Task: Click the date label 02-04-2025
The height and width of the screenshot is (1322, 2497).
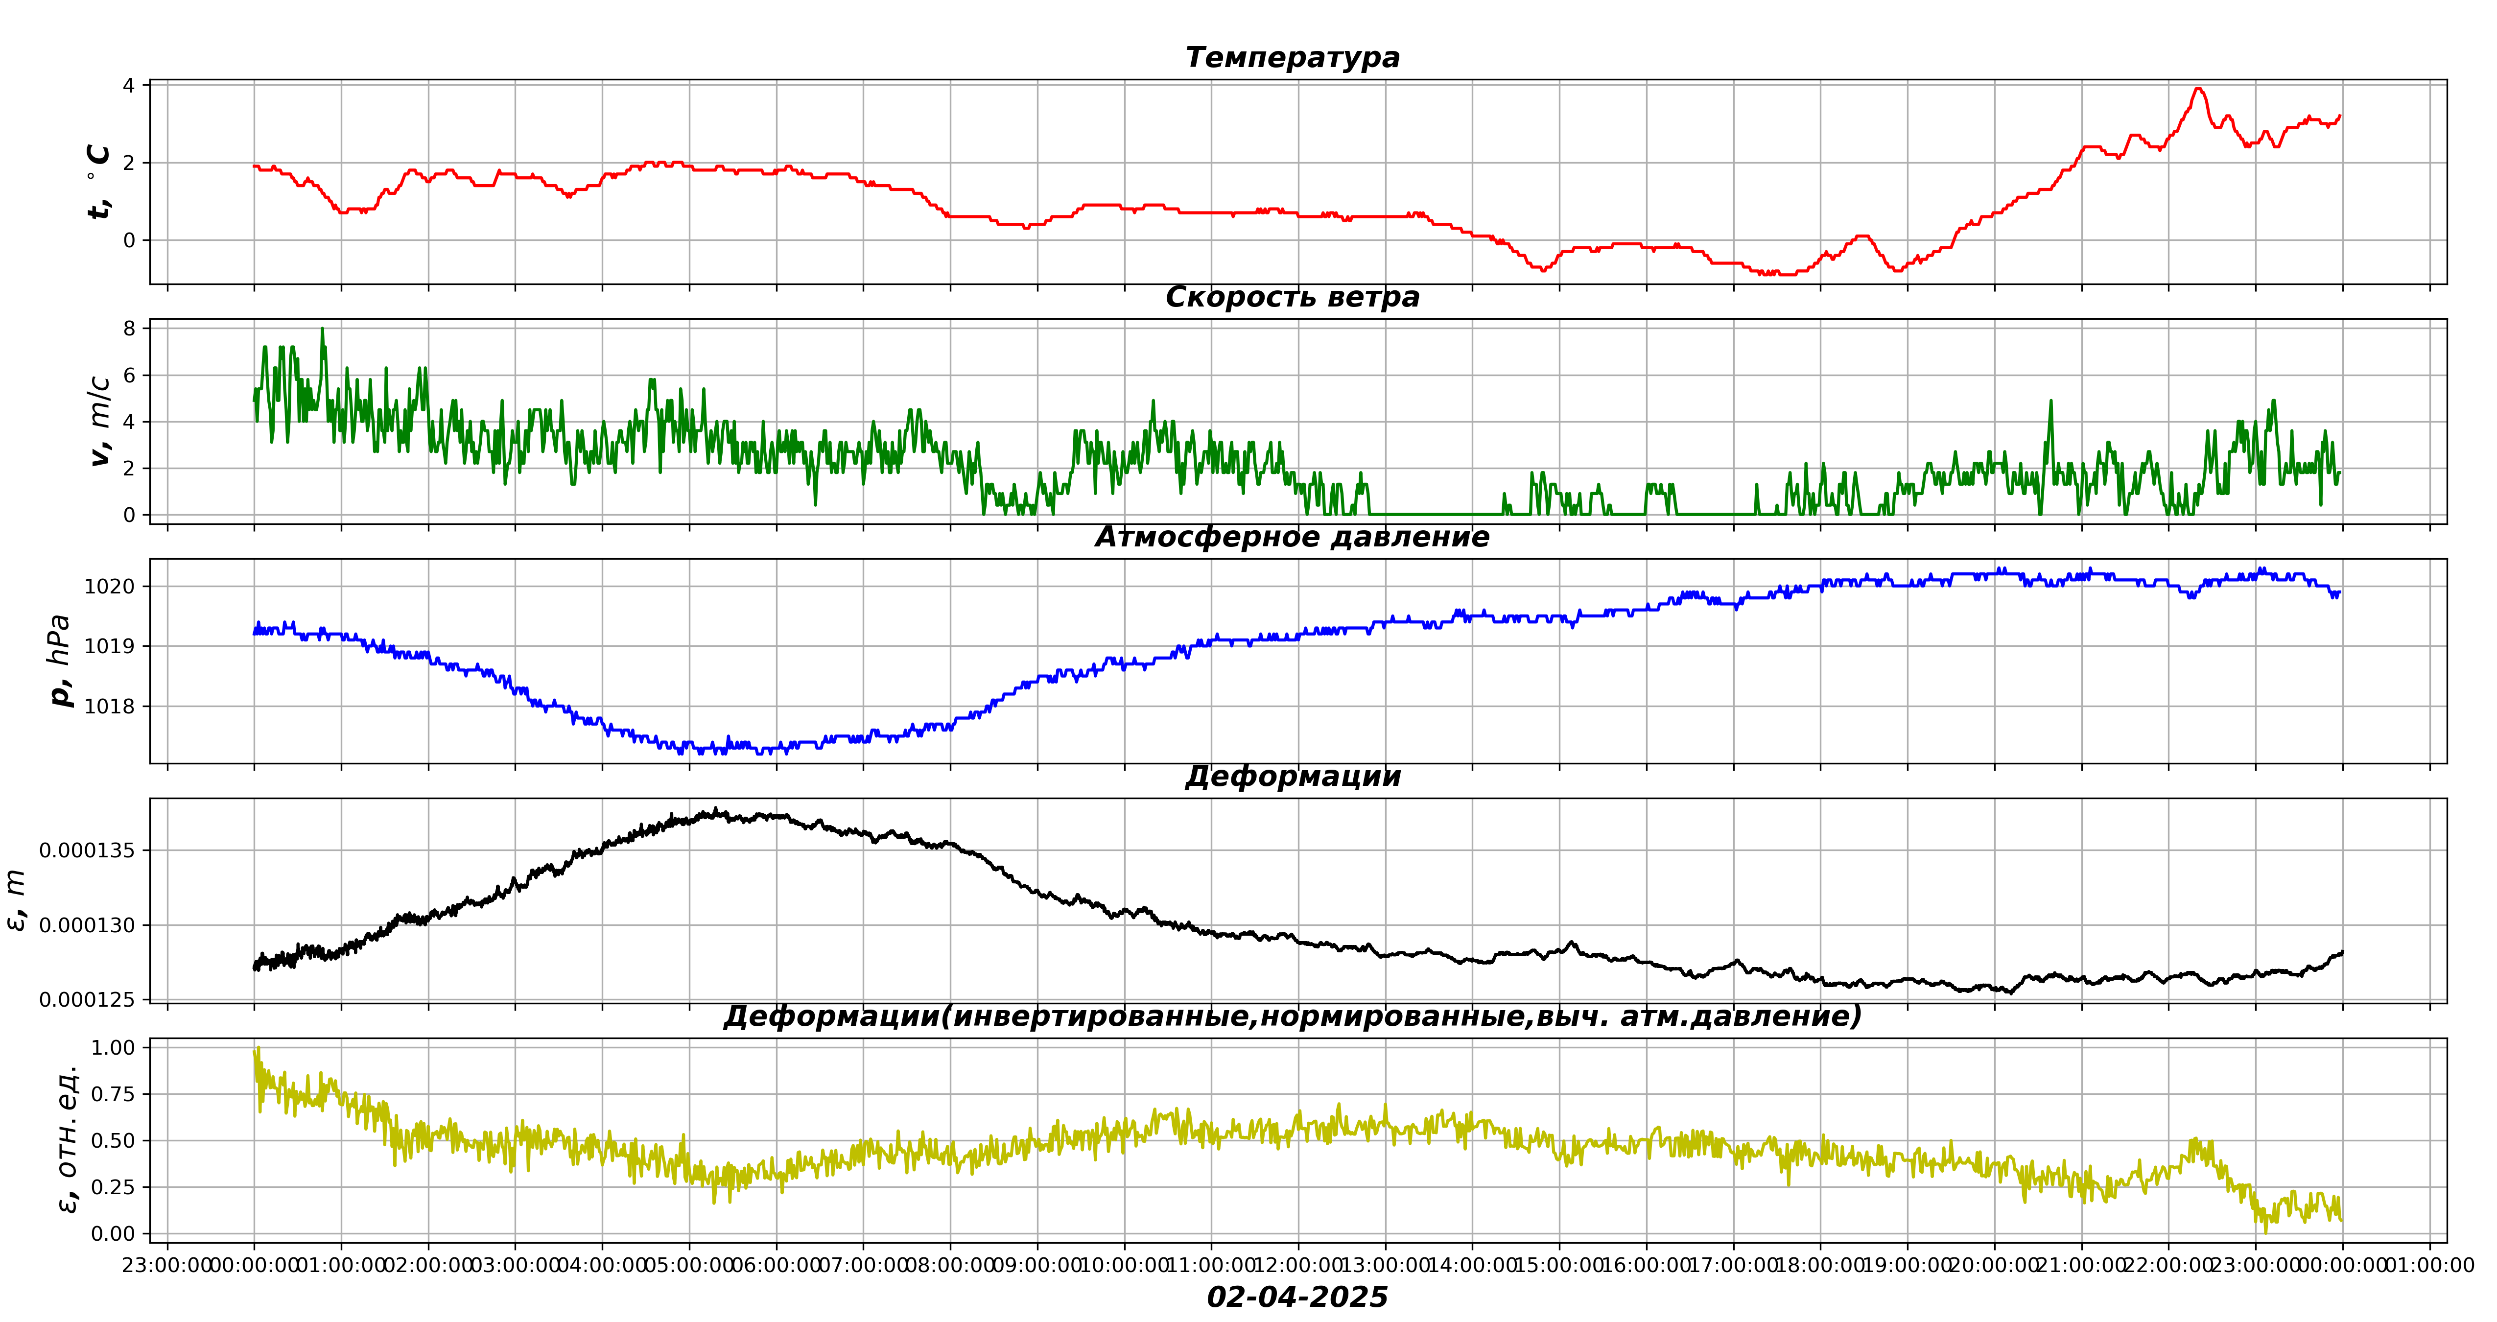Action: [1297, 1297]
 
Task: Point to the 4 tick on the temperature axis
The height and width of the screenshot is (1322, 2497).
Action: [129, 85]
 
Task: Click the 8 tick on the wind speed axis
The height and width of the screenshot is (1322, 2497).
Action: [129, 329]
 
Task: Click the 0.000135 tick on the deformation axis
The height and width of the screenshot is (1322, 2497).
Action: [87, 850]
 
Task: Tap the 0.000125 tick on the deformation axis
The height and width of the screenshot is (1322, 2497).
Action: [87, 999]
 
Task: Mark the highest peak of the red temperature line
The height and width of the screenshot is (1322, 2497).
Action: [2198, 89]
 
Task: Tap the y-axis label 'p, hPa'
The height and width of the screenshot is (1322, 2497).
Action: [60, 661]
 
